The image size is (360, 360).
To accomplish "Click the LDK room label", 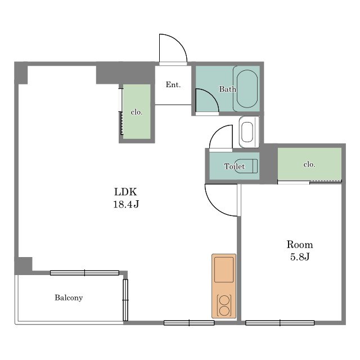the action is [x=125, y=192].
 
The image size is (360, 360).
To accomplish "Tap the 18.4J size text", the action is [x=126, y=204].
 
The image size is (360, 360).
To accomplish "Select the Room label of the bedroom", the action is [x=300, y=245].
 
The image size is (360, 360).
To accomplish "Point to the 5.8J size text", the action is [x=300, y=257].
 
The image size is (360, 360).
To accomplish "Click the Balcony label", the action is [x=69, y=298].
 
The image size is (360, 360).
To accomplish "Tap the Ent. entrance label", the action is [x=173, y=85].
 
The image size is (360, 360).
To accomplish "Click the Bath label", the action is [x=227, y=89].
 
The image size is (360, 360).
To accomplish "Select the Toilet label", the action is [x=235, y=166].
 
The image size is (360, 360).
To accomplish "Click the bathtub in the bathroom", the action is [x=247, y=89].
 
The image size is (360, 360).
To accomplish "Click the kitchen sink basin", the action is [x=224, y=269].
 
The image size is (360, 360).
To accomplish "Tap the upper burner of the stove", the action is [x=224, y=300].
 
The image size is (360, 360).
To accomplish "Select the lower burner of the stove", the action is [x=224, y=311].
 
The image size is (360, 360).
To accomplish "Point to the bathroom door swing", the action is [x=211, y=95].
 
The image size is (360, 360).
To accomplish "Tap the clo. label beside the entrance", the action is [x=137, y=112].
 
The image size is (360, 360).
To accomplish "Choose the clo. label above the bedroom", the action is [x=309, y=164].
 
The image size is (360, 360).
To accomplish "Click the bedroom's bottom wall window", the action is [x=280, y=323].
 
